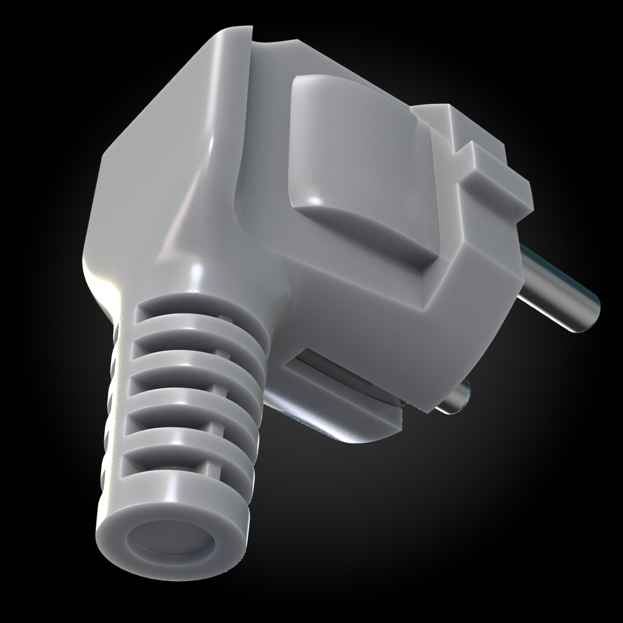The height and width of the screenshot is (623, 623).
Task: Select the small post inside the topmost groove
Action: tap(223, 317)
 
